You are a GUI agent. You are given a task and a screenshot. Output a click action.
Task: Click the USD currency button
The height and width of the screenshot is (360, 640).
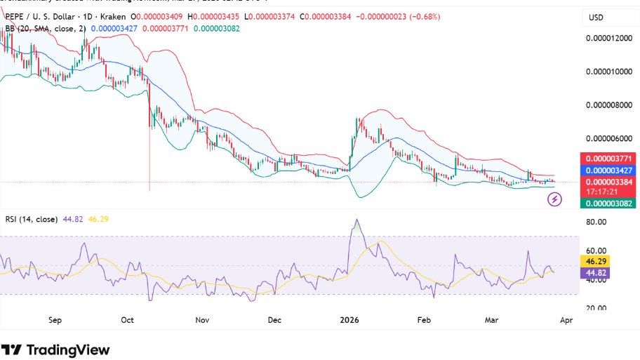click(596, 18)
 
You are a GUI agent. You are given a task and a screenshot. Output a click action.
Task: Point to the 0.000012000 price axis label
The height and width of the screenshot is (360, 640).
click(608, 39)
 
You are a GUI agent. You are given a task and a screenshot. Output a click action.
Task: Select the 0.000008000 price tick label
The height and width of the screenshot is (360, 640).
click(608, 105)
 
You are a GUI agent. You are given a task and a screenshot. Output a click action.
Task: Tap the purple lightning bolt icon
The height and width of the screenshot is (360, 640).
click(554, 200)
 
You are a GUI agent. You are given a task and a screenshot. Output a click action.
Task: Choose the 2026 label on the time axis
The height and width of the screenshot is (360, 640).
click(349, 320)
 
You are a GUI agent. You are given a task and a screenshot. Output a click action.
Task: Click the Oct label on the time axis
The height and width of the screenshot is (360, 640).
click(127, 320)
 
